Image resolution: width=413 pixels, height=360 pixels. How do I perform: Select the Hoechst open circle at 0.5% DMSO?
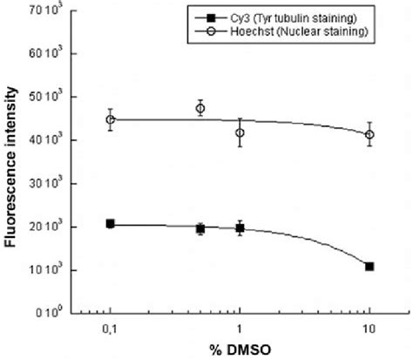click(x=200, y=108)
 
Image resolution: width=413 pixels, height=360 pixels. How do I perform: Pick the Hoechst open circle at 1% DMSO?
click(x=240, y=132)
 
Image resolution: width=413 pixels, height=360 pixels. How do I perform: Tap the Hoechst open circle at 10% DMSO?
click(x=369, y=134)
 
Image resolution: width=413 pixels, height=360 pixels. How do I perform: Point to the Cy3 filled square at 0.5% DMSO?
click(x=200, y=228)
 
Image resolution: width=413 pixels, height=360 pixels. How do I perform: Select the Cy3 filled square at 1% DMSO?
click(x=240, y=228)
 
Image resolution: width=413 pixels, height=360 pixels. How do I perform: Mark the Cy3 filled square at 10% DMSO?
click(x=369, y=266)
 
